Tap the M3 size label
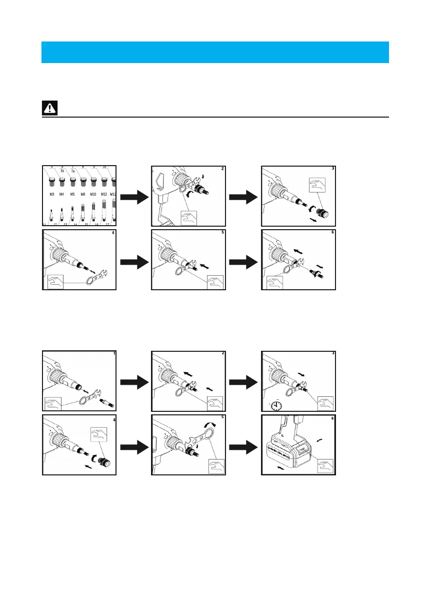pyautogui.click(x=52, y=194)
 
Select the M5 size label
pyautogui.click(x=72, y=194)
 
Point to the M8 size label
pyautogui.click(x=82, y=194)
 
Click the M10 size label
pyautogui.click(x=93, y=194)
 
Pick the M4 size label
pyautogui.click(x=62, y=194)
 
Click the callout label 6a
pyautogui.click(x=62, y=171)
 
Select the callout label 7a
pyautogui.click(x=72, y=171)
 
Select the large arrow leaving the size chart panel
pyautogui.click(x=133, y=199)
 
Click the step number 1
pyautogui.click(x=114, y=353)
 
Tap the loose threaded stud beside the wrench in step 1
pyautogui.click(x=108, y=402)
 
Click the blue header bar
pyautogui.click(x=215, y=52)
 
